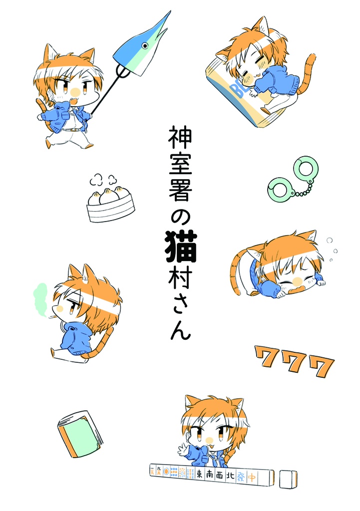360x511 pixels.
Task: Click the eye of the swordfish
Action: point(145,46)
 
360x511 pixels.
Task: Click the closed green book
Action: point(80,433)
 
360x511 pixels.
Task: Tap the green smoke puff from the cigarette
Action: point(40,295)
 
